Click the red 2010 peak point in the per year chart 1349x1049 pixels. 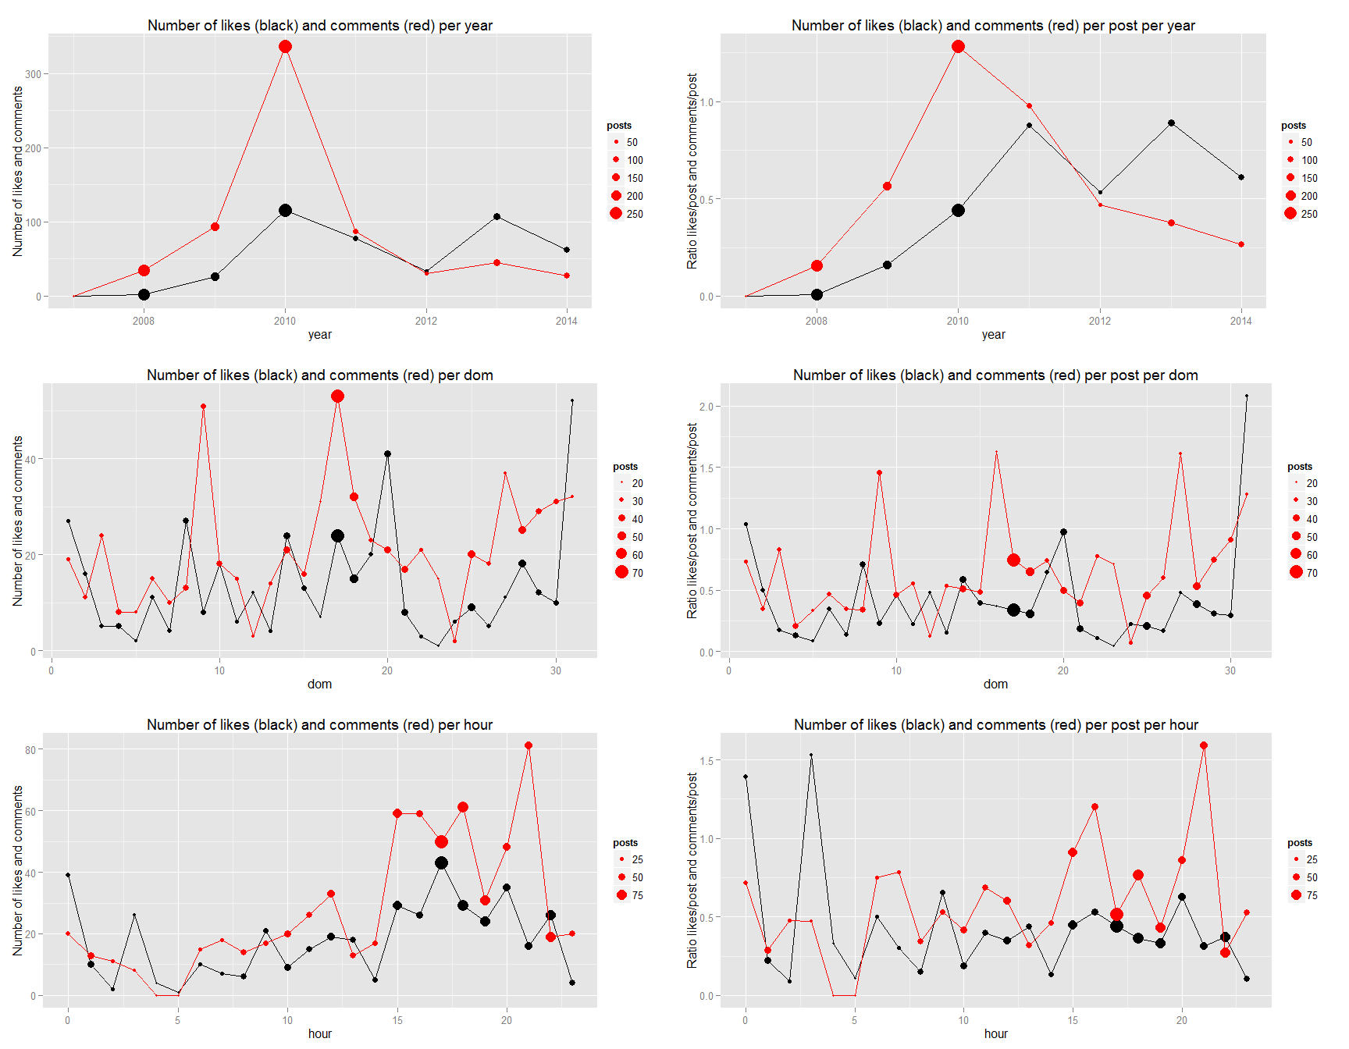pyautogui.click(x=285, y=47)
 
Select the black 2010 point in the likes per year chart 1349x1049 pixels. pyautogui.click(x=285, y=211)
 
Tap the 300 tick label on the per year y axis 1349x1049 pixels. pyautogui.click(x=33, y=74)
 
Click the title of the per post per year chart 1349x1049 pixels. pyautogui.click(x=993, y=26)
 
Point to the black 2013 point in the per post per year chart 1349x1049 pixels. pyautogui.click(x=1171, y=123)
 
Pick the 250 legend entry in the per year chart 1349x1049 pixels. pyautogui.click(x=625, y=214)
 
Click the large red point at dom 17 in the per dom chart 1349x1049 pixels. pyautogui.click(x=337, y=396)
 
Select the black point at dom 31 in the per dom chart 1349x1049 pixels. pyautogui.click(x=572, y=401)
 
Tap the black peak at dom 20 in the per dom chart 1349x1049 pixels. pyautogui.click(x=387, y=453)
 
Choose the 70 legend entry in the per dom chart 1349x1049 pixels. pyautogui.click(x=628, y=573)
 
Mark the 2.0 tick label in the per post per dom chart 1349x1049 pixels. pyautogui.click(x=706, y=407)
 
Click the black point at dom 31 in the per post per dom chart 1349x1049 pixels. pyautogui.click(x=1247, y=396)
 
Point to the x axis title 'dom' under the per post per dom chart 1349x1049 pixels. pyautogui.click(x=995, y=685)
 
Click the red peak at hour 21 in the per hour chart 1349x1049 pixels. pyautogui.click(x=529, y=745)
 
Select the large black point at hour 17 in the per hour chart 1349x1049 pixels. pyautogui.click(x=441, y=863)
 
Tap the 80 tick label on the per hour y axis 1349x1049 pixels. pyautogui.click(x=30, y=749)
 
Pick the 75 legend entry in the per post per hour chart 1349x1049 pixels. pyautogui.click(x=1303, y=895)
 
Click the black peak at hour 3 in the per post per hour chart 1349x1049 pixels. pyautogui.click(x=811, y=755)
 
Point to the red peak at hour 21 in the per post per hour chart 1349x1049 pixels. pyautogui.click(x=1204, y=745)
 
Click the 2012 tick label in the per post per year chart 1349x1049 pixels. pyautogui.click(x=1099, y=321)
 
